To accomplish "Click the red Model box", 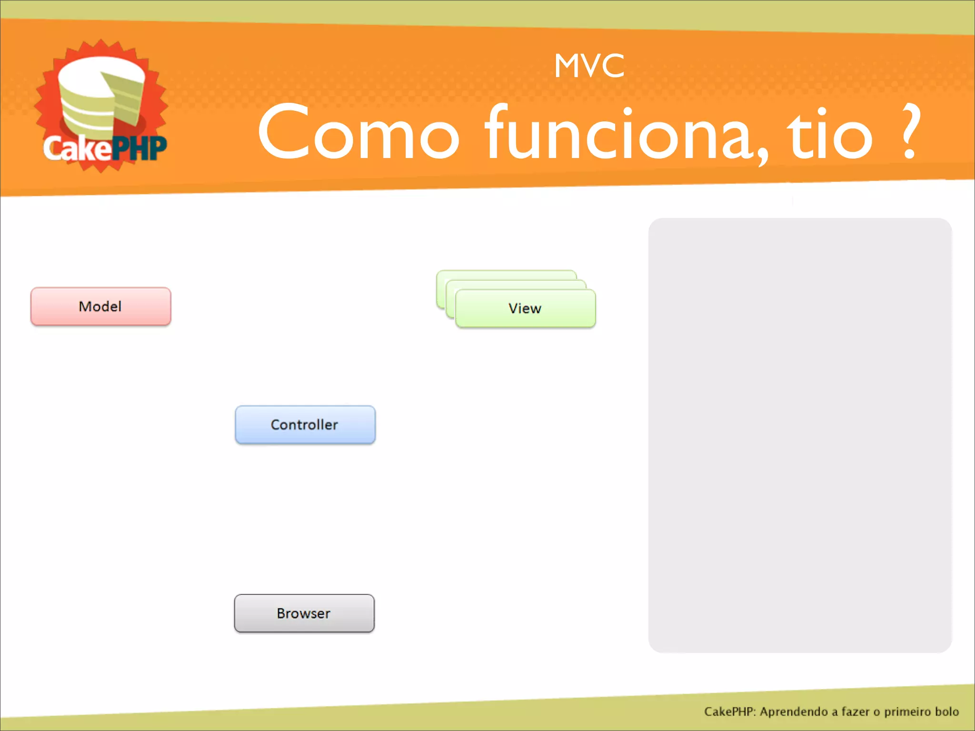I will point(100,306).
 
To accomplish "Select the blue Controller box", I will point(305,425).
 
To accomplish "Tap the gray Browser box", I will point(304,613).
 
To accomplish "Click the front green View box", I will point(525,309).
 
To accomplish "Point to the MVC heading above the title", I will point(589,66).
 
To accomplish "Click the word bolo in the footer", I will point(946,711).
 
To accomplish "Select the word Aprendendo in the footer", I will point(794,711).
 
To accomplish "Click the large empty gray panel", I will point(800,435).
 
